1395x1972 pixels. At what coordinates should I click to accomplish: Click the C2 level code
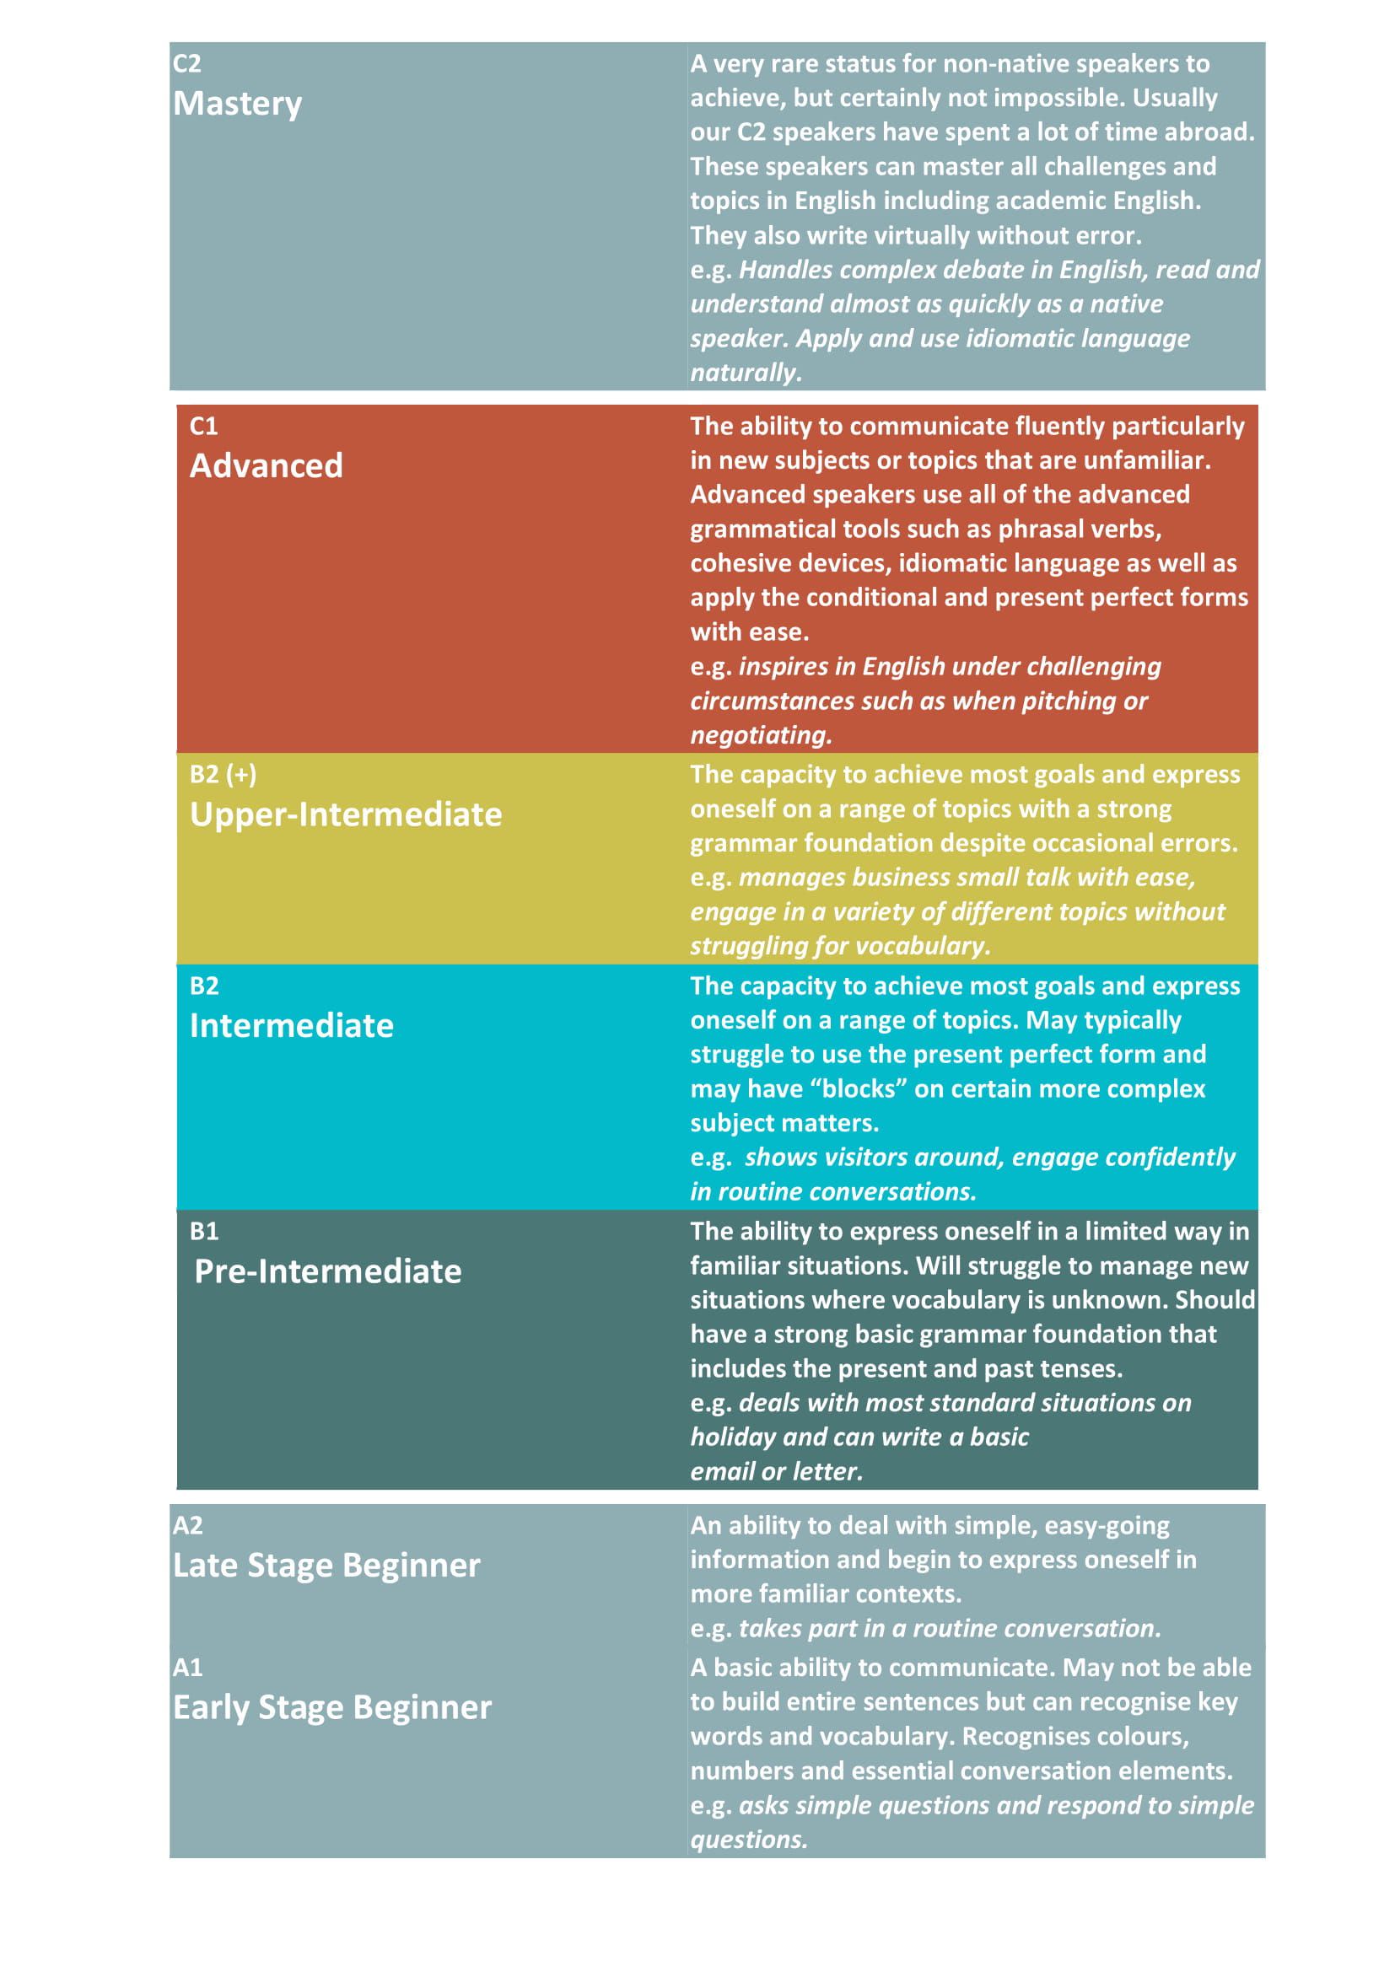point(186,63)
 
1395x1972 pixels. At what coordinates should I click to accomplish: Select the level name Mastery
point(237,104)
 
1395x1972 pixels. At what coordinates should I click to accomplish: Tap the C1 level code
point(203,426)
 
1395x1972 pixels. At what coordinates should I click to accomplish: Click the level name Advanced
point(267,465)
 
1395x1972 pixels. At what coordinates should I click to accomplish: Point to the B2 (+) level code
point(223,774)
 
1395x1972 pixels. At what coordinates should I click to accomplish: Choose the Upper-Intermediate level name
point(345,814)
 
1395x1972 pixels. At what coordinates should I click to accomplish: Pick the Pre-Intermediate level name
point(327,1271)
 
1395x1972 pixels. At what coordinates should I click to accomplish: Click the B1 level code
point(203,1232)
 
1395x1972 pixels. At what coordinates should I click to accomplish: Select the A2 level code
point(187,1525)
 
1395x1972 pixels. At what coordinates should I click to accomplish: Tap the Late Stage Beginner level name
point(326,1565)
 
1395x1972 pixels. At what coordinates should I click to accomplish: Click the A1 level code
point(187,1667)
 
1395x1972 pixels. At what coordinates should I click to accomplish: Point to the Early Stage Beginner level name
point(331,1707)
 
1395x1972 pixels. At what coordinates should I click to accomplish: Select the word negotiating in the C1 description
point(760,735)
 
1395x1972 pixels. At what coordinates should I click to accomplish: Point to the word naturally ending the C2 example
point(745,373)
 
